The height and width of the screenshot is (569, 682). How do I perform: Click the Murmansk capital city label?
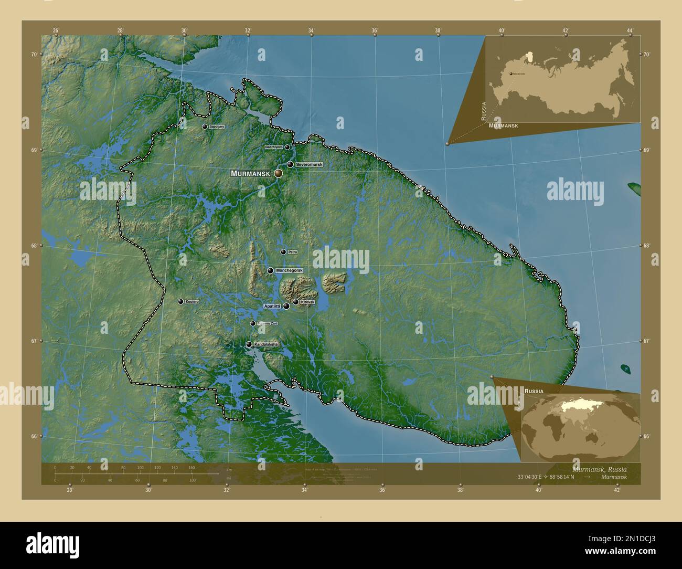(250, 173)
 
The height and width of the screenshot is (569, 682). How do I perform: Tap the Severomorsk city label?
(309, 164)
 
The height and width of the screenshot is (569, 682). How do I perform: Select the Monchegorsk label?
(289, 270)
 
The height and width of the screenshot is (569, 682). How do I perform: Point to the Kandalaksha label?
(266, 344)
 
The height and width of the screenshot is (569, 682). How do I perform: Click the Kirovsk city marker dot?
(296, 302)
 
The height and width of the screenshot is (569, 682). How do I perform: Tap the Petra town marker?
(283, 252)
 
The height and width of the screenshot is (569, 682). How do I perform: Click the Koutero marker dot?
(180, 302)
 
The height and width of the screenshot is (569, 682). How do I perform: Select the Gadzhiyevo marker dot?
(287, 147)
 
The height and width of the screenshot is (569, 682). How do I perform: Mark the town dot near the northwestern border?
(205, 127)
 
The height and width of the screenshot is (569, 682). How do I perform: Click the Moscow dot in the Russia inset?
(510, 74)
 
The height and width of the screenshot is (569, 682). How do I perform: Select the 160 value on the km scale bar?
(191, 467)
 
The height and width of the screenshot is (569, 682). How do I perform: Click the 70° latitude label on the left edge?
(34, 55)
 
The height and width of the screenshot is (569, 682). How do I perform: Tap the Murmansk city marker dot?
(278, 173)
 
